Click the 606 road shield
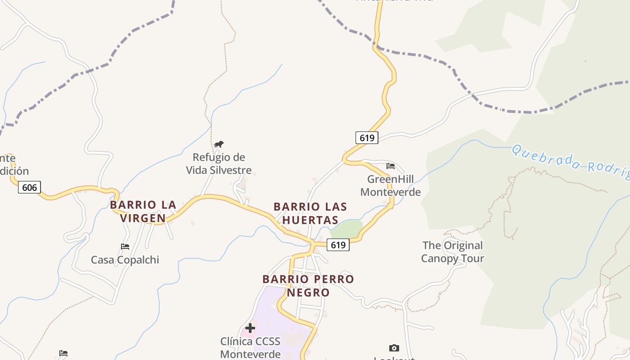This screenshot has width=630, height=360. point(29,187)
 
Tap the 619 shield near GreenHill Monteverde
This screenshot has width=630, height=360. point(367,138)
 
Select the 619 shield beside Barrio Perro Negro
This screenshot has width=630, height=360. point(338,245)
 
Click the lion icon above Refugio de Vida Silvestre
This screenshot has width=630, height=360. point(219,144)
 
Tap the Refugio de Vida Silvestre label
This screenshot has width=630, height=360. point(219,164)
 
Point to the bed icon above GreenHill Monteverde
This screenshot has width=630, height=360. point(391,166)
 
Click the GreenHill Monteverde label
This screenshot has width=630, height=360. point(391,186)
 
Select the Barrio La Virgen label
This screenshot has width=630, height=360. point(143,211)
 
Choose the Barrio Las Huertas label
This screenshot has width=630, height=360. point(310,213)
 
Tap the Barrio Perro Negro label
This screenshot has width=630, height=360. point(309,286)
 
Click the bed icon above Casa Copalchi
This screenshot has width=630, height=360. point(125,246)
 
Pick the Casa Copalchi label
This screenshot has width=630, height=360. point(125,260)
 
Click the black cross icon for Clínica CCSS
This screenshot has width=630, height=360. point(250,328)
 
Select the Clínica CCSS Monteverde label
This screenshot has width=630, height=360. point(250,347)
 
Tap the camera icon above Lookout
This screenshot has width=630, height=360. point(394,348)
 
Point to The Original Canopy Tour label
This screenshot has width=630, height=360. point(452,252)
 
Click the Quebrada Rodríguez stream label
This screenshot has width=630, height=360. point(571,162)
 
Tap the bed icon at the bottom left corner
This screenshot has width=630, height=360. point(63,353)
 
